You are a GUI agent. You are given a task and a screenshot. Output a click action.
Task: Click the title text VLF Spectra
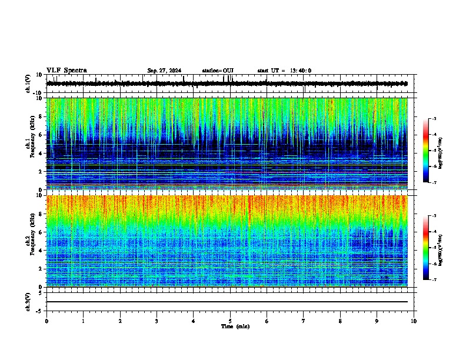click(66, 70)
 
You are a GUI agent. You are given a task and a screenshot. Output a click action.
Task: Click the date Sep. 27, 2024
click(164, 71)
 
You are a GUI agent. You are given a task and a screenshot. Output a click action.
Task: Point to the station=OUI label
click(218, 71)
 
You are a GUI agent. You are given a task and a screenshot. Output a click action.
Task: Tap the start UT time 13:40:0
click(285, 71)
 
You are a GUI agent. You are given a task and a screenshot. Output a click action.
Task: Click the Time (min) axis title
click(235, 326)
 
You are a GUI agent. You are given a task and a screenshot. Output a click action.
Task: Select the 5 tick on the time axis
click(230, 321)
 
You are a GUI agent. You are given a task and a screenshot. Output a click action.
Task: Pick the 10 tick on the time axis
click(414, 321)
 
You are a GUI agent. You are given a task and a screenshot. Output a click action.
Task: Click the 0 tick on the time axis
click(46, 321)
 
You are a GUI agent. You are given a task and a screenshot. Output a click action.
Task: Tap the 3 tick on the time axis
click(157, 321)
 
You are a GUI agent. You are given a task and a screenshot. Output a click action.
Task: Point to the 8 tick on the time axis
click(340, 321)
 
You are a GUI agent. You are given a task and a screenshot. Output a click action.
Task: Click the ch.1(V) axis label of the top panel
click(28, 84)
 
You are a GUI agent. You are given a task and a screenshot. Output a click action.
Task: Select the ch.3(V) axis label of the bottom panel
click(28, 301)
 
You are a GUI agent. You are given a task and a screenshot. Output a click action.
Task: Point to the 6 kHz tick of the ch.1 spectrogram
click(41, 135)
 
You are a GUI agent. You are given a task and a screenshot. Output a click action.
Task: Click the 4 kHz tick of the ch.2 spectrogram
click(41, 250)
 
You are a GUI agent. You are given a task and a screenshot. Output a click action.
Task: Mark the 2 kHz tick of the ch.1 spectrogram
click(41, 171)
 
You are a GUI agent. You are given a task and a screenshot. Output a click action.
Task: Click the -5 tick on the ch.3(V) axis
click(41, 310)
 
